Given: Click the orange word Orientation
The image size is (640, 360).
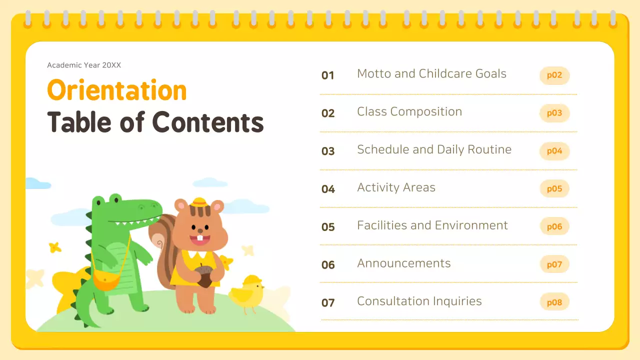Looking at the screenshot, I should coord(116,91).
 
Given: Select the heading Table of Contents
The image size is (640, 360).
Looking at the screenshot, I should coord(155,122).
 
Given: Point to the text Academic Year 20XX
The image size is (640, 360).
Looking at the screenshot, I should coord(84,65).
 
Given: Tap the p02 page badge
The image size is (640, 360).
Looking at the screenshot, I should coord(554,75).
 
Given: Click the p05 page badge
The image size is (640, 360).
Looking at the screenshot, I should coord(554,188).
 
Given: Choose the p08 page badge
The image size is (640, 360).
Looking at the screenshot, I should coord(554,302).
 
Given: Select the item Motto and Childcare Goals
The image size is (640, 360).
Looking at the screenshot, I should coord(431,74).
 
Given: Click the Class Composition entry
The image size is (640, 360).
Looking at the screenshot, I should coord(409,112).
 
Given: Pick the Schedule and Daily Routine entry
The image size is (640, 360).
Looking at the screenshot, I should coord(434,149).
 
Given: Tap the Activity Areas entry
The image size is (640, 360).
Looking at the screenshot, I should coord(396,187).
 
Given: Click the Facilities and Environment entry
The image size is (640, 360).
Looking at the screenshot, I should coord(432,225).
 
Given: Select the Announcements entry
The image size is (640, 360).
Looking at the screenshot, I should coord(403,263).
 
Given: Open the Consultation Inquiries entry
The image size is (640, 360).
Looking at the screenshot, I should coord(419,301).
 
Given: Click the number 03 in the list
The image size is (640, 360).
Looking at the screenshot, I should coord(328,151).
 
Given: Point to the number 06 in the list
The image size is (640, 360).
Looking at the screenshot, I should coord(328,264).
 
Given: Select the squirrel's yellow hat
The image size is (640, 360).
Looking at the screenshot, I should coord(199,202).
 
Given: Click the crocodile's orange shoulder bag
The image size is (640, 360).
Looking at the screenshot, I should coord(106,281).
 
